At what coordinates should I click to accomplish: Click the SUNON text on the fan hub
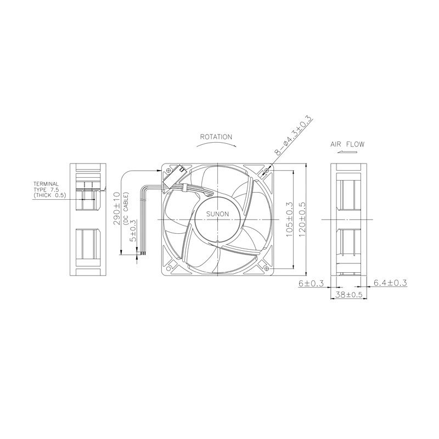(217, 214)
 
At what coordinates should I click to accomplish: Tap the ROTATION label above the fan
(216, 137)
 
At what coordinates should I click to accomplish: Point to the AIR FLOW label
(347, 144)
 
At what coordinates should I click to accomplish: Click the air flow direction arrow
(347, 152)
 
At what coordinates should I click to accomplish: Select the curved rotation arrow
(216, 144)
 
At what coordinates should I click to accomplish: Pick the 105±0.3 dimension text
(289, 220)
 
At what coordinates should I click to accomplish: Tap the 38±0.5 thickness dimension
(348, 295)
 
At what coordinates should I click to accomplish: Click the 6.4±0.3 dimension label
(390, 283)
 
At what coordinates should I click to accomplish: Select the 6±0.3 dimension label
(311, 283)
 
